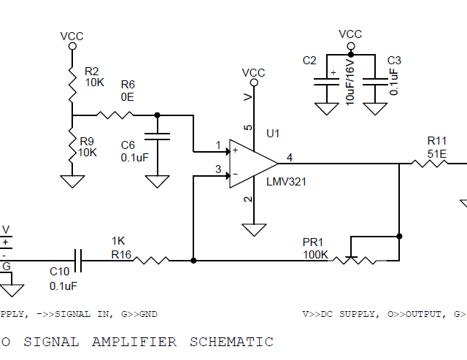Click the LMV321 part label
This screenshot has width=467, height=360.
click(286, 182)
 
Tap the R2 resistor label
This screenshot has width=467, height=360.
click(91, 72)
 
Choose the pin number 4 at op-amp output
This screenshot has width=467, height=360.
click(290, 157)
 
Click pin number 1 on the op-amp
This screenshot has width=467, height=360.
click(218, 145)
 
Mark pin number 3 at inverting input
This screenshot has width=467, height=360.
click(218, 169)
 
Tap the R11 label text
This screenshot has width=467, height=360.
click(436, 140)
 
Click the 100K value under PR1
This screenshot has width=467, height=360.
click(315, 255)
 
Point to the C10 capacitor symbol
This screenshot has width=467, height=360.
click(78, 259)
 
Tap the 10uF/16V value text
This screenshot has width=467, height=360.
click(350, 82)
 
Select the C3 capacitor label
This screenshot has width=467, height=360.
click(394, 61)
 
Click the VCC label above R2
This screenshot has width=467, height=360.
click(72, 35)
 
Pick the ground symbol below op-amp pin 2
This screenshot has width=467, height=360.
click(253, 229)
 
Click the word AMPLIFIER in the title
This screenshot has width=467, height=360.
click(134, 341)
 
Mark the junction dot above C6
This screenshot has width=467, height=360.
click(158, 114)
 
